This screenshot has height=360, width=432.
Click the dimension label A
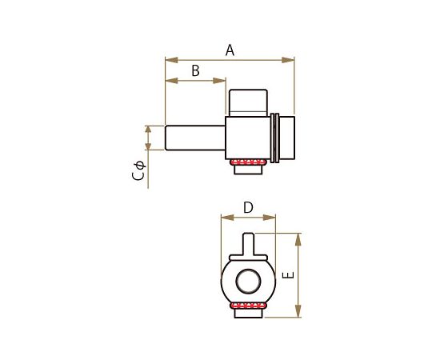(x=230, y=50)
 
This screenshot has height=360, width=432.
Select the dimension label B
(x=194, y=70)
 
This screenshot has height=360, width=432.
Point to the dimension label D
(x=248, y=207)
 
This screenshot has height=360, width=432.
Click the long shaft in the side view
(x=194, y=136)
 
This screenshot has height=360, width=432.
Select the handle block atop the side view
(x=247, y=101)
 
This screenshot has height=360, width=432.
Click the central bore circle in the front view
(x=247, y=281)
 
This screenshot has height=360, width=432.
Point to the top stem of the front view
(x=247, y=242)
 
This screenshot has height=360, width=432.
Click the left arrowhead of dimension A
(x=168, y=59)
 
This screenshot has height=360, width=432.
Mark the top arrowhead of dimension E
(x=298, y=238)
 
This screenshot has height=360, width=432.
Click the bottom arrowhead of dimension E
(x=298, y=314)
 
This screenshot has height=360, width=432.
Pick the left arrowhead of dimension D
(x=225, y=217)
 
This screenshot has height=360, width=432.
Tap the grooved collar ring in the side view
(x=274, y=137)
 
